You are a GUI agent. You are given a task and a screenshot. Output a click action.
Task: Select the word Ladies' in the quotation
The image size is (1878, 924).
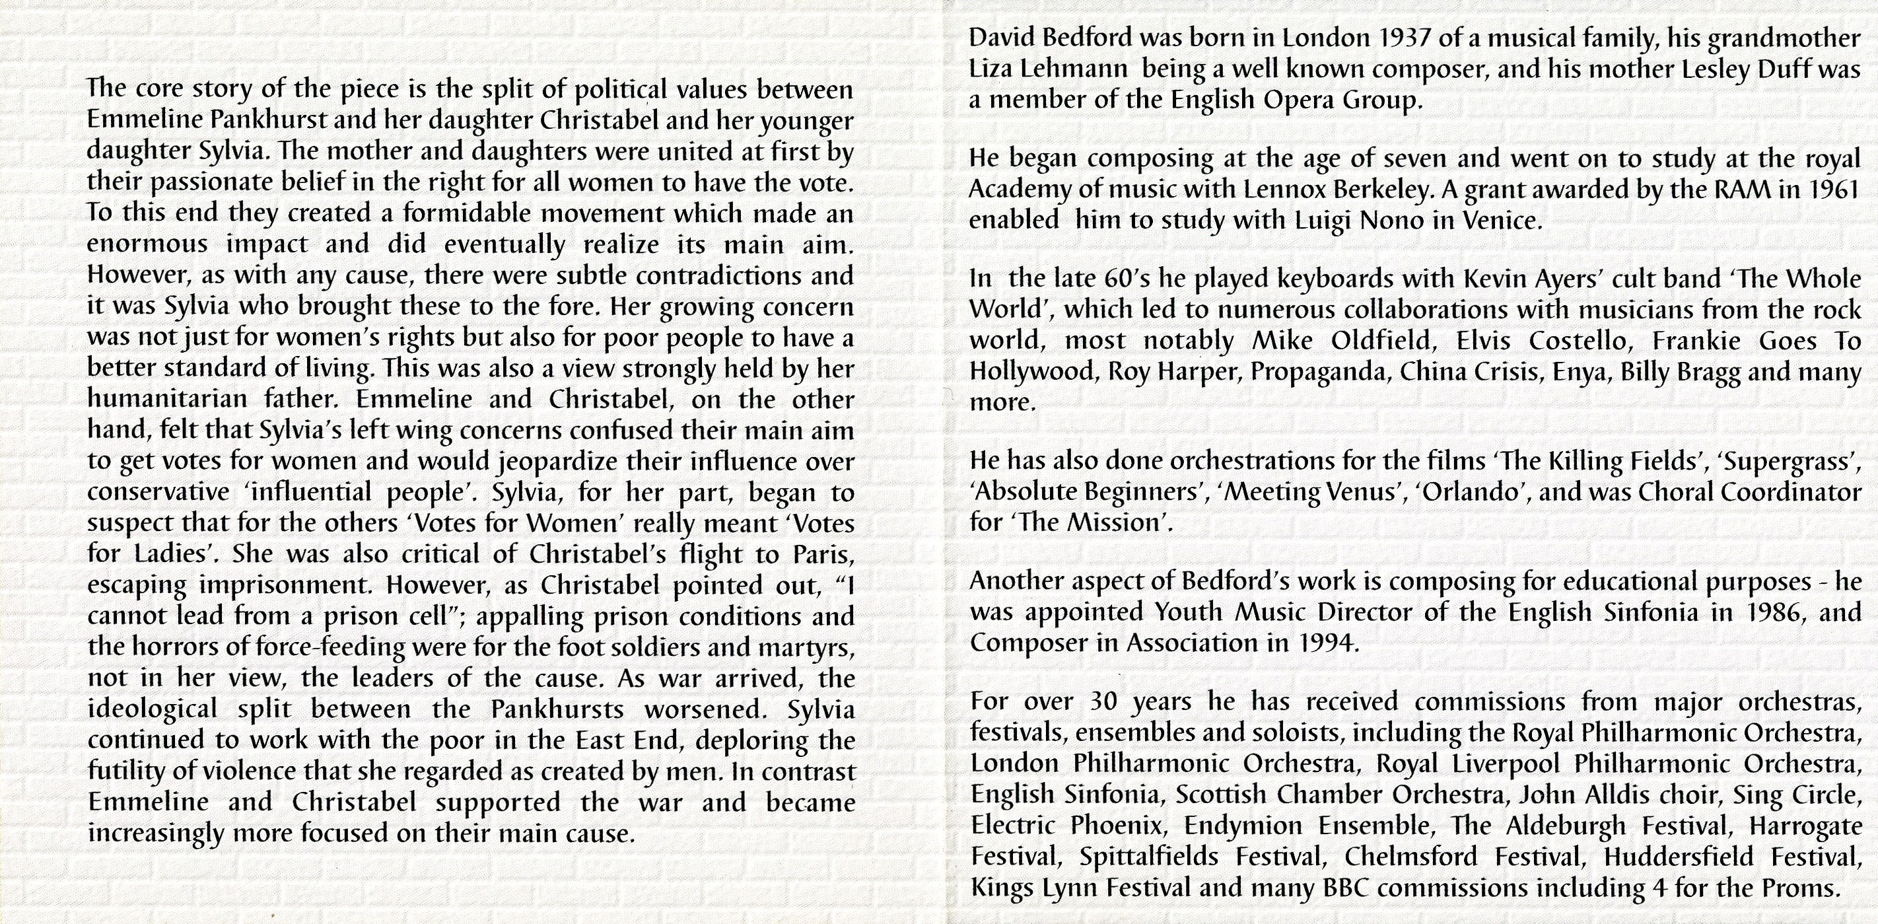[177, 555]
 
